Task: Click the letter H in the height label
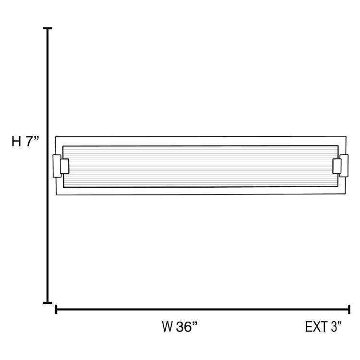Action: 17,142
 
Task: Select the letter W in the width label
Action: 168,327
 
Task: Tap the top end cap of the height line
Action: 48,29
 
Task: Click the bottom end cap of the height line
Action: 48,302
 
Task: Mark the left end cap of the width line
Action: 57,310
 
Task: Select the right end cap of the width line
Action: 349,310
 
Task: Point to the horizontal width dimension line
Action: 202,310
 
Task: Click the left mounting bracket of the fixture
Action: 60,166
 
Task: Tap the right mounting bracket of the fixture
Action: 340,166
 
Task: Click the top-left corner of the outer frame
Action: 56,137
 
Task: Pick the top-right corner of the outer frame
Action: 346,137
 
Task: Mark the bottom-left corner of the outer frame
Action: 57,195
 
